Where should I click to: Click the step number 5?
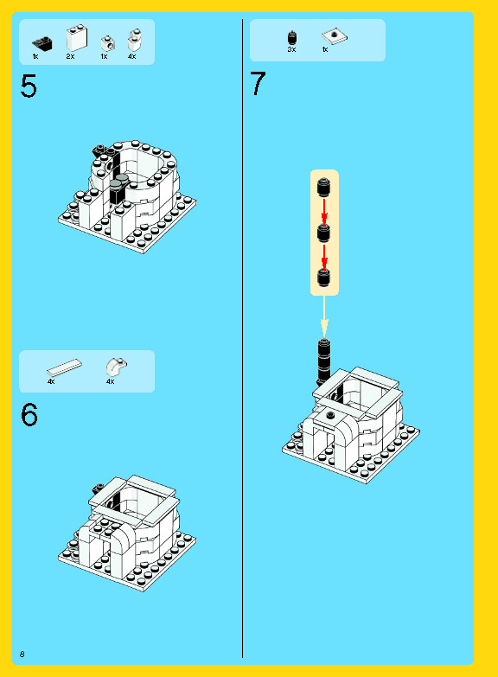[x=29, y=86]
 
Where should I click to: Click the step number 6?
[x=29, y=414]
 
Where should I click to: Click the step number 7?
[x=258, y=83]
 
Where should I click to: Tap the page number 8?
[x=22, y=655]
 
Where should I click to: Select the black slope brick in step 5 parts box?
[x=42, y=43]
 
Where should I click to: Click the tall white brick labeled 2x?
[x=77, y=38]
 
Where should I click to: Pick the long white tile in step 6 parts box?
[x=64, y=367]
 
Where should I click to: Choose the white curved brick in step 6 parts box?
[x=116, y=367]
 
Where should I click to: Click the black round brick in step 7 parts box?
[x=292, y=37]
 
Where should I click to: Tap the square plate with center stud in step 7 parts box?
[x=335, y=36]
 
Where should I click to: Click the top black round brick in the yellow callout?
[x=324, y=187]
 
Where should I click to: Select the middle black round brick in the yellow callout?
[x=324, y=233]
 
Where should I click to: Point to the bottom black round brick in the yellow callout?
[x=324, y=278]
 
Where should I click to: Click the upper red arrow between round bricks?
[x=324, y=211]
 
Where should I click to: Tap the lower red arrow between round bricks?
[x=324, y=256]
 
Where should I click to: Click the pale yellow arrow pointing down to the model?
[x=324, y=316]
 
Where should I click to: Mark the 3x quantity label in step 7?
[x=291, y=49]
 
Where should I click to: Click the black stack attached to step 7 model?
[x=324, y=361]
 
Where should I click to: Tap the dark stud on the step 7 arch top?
[x=331, y=415]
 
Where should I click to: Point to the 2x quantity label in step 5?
[x=70, y=56]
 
